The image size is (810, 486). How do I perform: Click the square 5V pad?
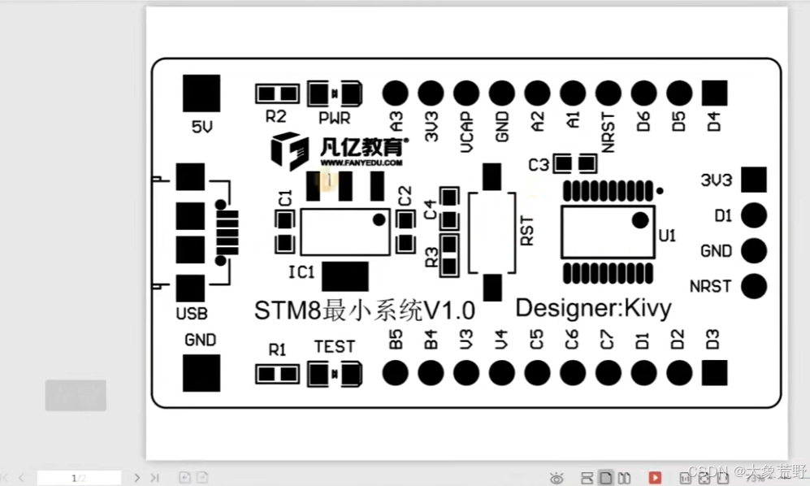click(x=201, y=93)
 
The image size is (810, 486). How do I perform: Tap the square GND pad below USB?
click(x=201, y=373)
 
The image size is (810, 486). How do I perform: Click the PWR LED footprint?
click(x=335, y=93)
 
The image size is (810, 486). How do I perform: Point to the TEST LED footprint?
click(x=335, y=374)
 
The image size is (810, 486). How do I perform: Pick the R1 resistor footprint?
click(x=276, y=374)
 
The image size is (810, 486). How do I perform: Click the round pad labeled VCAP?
click(x=466, y=93)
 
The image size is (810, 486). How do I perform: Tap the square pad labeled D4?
click(x=714, y=93)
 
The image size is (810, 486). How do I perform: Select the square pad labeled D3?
click(x=714, y=373)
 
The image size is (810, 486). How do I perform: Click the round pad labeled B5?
click(x=395, y=373)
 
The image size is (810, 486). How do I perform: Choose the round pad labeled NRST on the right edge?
click(x=755, y=286)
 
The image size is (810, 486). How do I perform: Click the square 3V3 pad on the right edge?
click(x=755, y=180)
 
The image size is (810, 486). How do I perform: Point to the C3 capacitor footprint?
click(x=574, y=164)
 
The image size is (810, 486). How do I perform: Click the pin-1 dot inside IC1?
click(x=379, y=219)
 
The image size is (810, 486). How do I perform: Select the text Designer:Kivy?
click(x=594, y=309)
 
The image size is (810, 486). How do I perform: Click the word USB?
click(x=192, y=314)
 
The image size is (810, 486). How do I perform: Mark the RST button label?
click(x=526, y=230)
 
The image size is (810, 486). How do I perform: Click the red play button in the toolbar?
click(x=655, y=477)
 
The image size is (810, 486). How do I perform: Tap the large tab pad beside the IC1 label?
click(x=345, y=276)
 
